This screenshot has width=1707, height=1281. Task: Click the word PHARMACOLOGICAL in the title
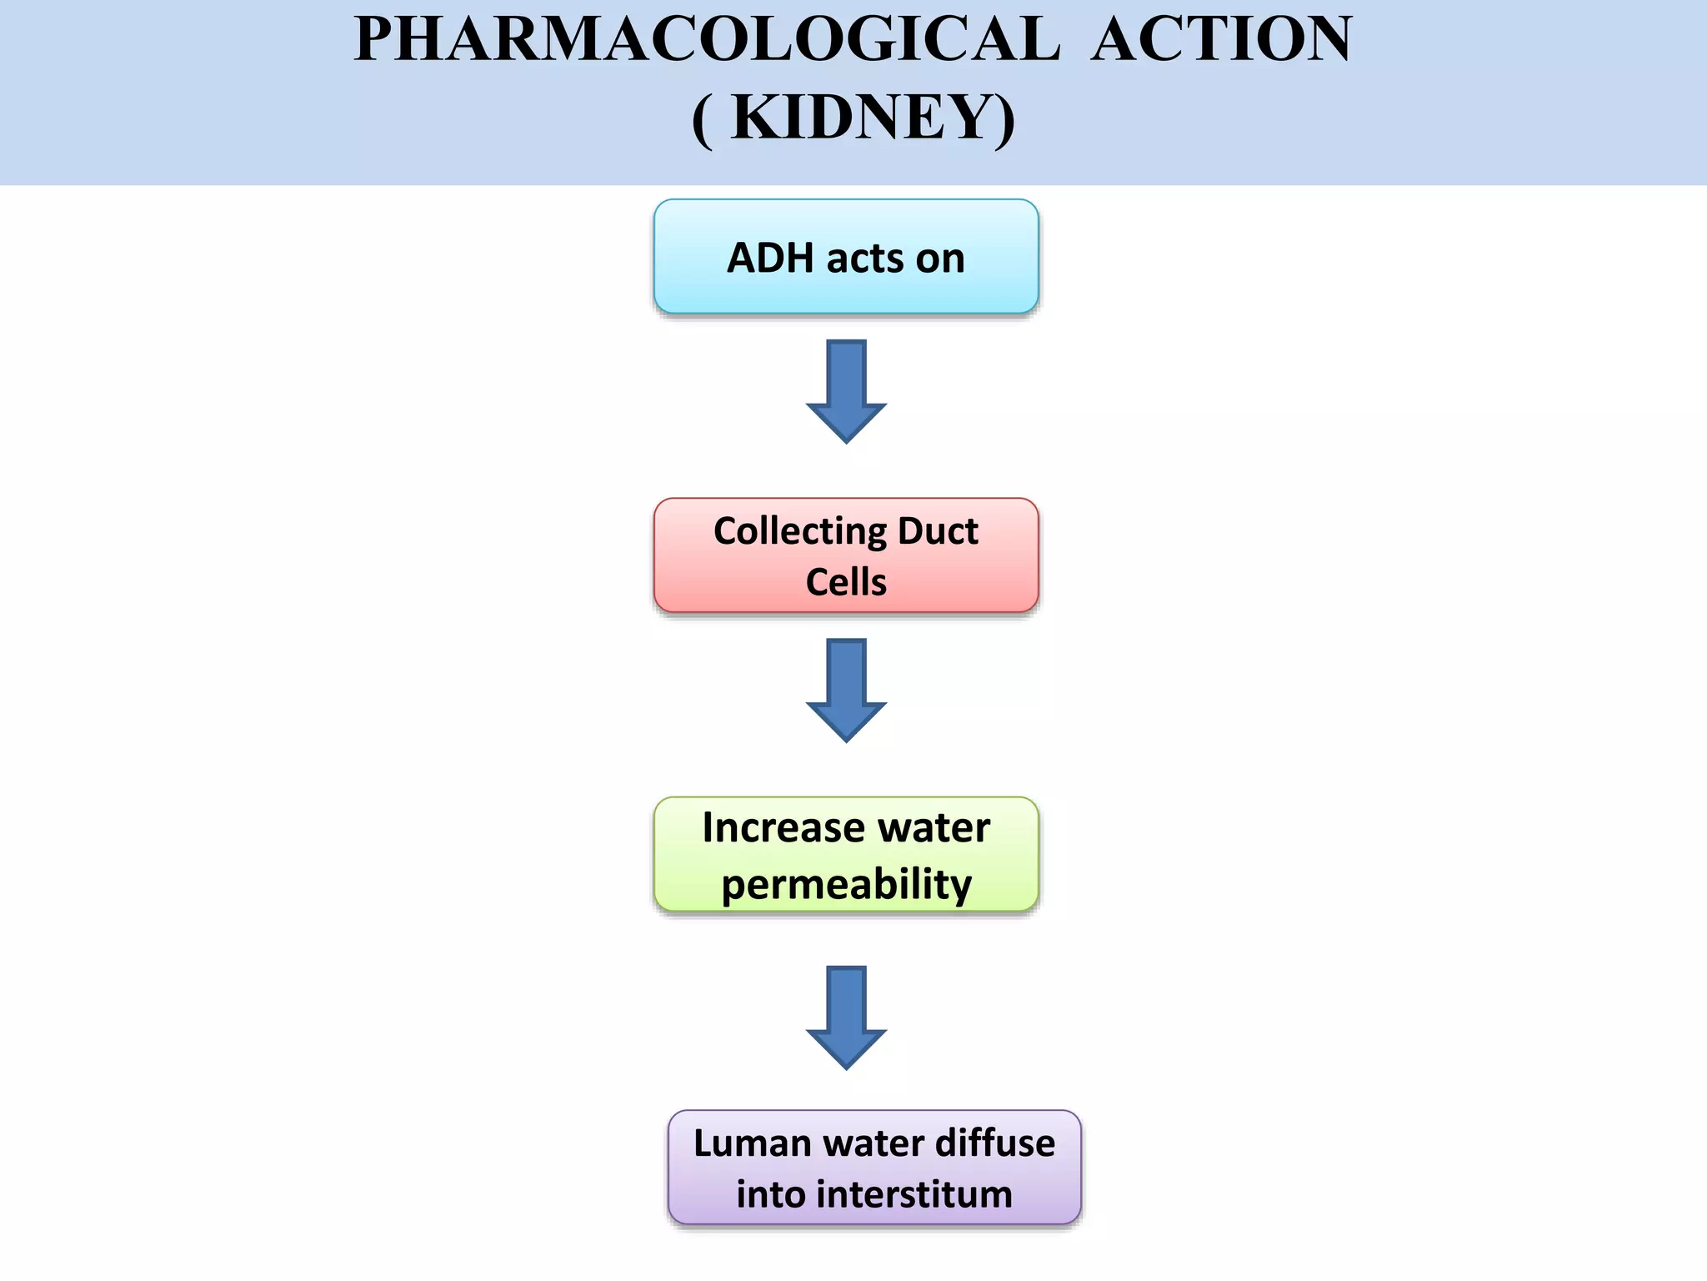coord(707,39)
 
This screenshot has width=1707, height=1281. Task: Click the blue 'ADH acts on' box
coord(846,257)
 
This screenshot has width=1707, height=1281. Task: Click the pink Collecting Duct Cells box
coord(846,555)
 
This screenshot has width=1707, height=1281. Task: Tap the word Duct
coord(938,531)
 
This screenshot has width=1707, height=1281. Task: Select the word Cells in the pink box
coord(846,582)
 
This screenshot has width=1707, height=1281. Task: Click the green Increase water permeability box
coord(846,854)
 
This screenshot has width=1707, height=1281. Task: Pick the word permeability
coord(846,885)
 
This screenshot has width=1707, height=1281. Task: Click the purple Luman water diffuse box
coord(874,1167)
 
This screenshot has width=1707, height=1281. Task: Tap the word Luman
coord(753,1143)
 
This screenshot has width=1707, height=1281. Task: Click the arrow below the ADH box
coord(846,390)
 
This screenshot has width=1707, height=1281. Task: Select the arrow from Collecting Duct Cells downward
coord(846,690)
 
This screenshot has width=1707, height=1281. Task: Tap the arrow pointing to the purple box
coord(846,1017)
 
